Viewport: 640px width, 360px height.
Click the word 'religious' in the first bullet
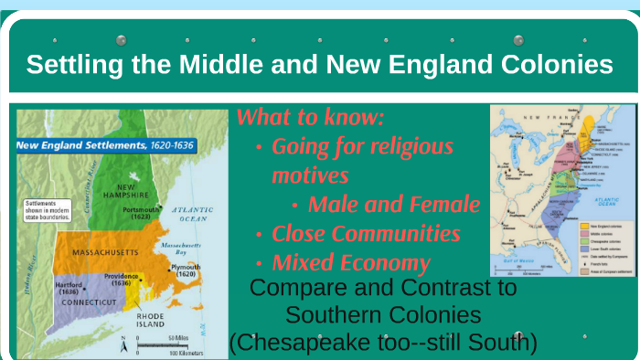(405, 146)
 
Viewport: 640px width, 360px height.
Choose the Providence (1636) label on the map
(120, 280)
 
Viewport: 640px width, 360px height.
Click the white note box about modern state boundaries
(48, 209)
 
